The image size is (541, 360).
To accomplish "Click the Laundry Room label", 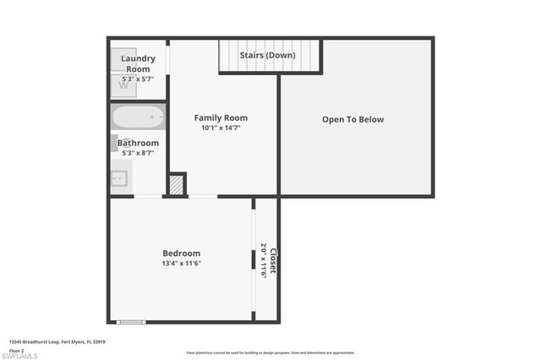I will click(138, 63).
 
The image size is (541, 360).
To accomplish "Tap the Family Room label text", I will click(221, 117).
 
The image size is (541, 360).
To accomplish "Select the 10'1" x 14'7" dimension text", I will click(221, 128).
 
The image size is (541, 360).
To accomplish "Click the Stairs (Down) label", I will click(267, 55).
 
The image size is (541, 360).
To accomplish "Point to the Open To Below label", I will click(352, 119).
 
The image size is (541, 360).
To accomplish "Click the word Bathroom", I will click(138, 143).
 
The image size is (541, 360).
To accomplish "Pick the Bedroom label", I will click(182, 253).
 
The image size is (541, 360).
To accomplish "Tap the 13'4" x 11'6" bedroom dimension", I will click(182, 264).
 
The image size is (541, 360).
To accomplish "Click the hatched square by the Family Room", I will click(177, 185).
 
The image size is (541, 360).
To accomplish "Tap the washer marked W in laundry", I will click(123, 85).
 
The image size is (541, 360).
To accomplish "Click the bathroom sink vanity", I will click(120, 178).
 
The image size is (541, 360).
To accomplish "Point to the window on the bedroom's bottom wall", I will click(130, 321).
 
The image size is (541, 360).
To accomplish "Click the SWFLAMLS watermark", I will click(20, 355).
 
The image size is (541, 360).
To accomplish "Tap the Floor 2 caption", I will click(17, 349).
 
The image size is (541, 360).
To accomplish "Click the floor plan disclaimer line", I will click(270, 352).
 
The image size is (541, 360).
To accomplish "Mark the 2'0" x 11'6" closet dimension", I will click(264, 260).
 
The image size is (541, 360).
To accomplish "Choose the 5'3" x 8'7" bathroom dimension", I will click(138, 154).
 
